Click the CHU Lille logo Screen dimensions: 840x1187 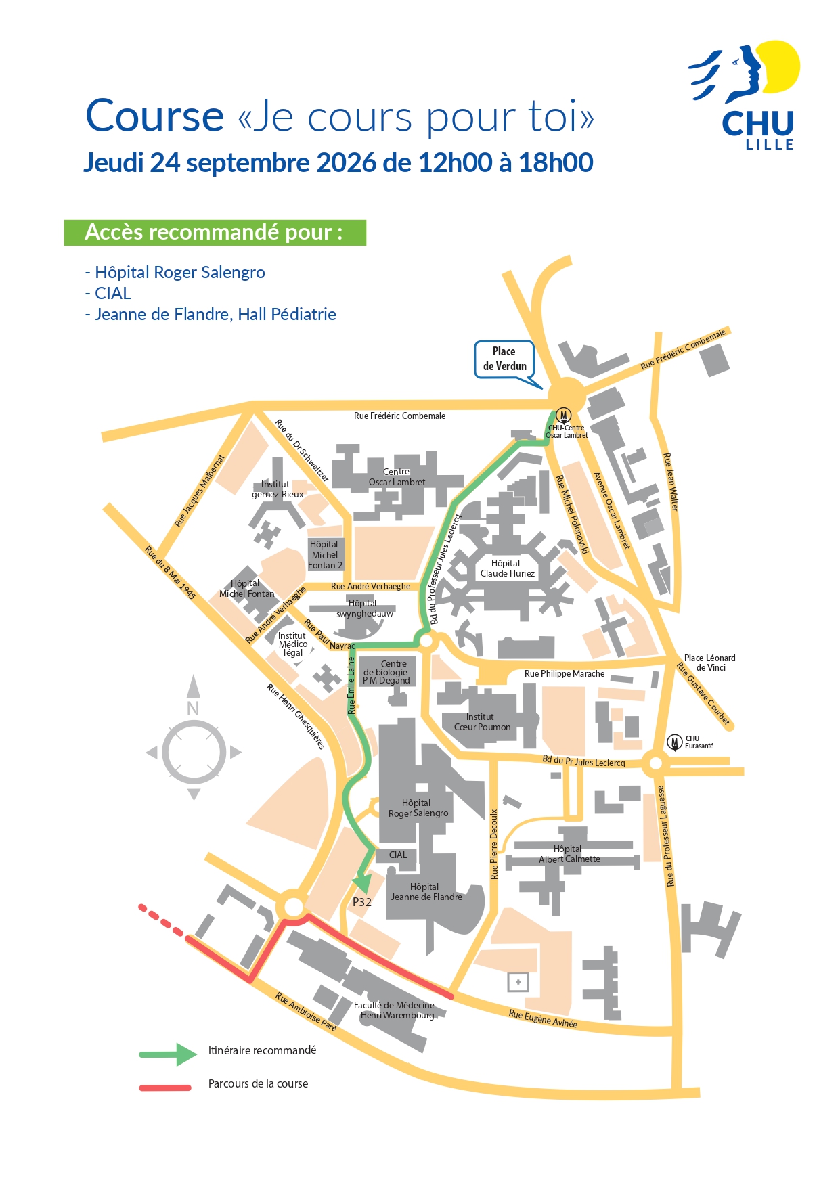745,95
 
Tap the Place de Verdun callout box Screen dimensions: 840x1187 505,359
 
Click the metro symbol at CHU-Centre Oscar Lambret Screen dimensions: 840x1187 564,416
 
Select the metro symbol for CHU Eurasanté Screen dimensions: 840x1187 674,742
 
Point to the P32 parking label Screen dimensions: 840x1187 362,902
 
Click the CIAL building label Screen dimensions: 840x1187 398,855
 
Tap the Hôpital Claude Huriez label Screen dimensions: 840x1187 507,568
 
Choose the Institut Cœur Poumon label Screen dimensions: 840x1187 482,722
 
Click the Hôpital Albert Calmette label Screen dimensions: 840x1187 569,854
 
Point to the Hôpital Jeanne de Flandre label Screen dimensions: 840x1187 426,892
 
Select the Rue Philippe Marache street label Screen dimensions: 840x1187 565,674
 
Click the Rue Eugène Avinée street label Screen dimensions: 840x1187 543,1018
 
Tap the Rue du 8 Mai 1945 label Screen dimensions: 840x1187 171,573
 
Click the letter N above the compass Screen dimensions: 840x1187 193,709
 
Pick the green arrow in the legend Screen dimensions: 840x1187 169,1054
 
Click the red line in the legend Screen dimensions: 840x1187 165,1088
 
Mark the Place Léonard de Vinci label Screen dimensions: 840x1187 709,663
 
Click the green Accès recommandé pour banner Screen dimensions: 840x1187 215,232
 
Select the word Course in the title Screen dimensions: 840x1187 154,116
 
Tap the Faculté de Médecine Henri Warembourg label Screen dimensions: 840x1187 395,1010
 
